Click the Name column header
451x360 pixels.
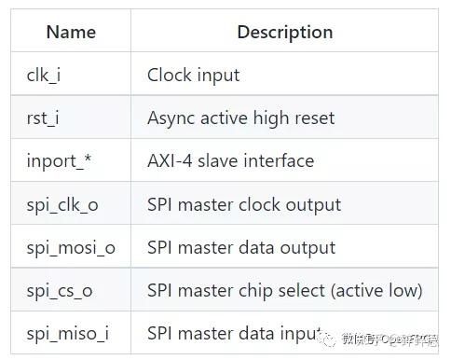click(71, 33)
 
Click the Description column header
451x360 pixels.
click(284, 33)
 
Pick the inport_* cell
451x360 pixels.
click(59, 161)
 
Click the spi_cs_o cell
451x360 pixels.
click(59, 290)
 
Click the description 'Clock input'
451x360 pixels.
click(193, 76)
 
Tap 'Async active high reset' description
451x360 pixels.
click(240, 118)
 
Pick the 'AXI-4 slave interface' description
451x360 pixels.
click(230, 161)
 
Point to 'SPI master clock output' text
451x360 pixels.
click(244, 204)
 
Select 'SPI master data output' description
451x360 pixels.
click(241, 247)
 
